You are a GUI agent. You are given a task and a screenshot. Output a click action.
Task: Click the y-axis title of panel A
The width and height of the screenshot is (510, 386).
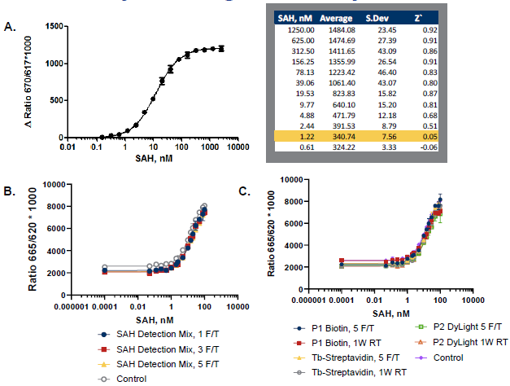click(x=30, y=81)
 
